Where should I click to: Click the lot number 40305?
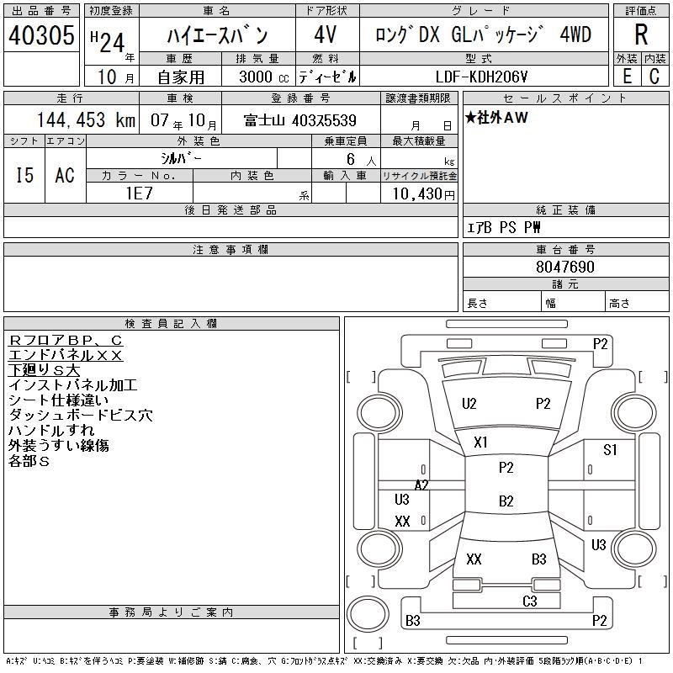coord(41,35)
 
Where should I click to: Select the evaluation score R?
coord(641,35)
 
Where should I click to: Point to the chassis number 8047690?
coord(565,268)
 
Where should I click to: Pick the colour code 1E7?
coord(140,192)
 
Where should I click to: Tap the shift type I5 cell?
coord(24,175)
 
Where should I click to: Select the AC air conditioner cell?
coord(65,175)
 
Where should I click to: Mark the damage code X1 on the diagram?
coord(481,442)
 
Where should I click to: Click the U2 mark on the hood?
coord(469,404)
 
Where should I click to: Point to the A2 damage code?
coord(421,485)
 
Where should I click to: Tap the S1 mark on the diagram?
coord(610,449)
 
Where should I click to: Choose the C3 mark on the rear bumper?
coord(530,601)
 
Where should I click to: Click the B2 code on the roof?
coord(506,501)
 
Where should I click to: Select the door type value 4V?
coord(326,35)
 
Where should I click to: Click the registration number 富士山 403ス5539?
coord(300,120)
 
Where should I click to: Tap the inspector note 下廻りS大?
coord(44,370)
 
